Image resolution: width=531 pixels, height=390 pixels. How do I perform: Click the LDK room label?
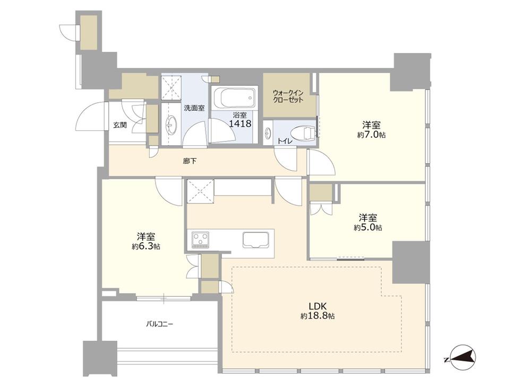pyautogui.click(x=318, y=306)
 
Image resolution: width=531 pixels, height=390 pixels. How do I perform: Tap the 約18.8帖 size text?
pyautogui.click(x=318, y=316)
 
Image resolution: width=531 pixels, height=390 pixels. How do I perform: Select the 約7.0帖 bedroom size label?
pyautogui.click(x=372, y=135)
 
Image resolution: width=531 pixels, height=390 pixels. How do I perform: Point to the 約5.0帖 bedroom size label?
pyautogui.click(x=368, y=227)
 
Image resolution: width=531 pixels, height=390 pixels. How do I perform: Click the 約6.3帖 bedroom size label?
pyautogui.click(x=146, y=246)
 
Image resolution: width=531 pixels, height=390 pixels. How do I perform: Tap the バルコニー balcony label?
pyautogui.click(x=159, y=324)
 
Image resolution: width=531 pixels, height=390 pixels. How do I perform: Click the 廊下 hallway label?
pyautogui.click(x=190, y=161)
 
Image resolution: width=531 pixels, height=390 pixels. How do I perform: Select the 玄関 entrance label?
pyautogui.click(x=120, y=125)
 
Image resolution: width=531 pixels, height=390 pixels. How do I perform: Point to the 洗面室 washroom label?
pyautogui.click(x=194, y=108)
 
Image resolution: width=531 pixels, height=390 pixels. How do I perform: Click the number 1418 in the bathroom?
pyautogui.click(x=240, y=123)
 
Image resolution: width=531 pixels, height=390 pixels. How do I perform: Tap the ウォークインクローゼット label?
pyautogui.click(x=288, y=96)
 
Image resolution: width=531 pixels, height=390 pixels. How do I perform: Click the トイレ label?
pyautogui.click(x=285, y=141)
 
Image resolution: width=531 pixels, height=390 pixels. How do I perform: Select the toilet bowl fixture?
pyautogui.click(x=303, y=132)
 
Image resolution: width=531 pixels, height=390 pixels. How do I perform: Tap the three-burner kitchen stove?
pyautogui.click(x=201, y=240)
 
